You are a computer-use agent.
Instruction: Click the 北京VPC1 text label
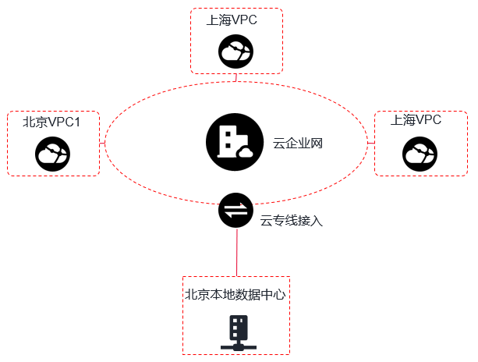click(x=51, y=122)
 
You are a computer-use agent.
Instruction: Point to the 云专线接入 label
click(x=292, y=221)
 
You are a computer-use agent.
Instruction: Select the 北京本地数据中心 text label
click(x=236, y=295)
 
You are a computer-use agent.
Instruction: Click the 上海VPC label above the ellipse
click(x=232, y=20)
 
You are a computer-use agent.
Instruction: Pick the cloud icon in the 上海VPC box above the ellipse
click(x=235, y=52)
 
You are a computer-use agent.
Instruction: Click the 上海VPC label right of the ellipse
click(x=416, y=120)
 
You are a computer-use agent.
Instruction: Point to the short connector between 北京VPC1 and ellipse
click(x=102, y=143)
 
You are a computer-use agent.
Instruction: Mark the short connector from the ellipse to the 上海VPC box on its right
click(x=370, y=143)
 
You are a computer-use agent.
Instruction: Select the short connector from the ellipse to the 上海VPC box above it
click(x=235, y=77)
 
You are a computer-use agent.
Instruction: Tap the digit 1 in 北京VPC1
click(x=76, y=122)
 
